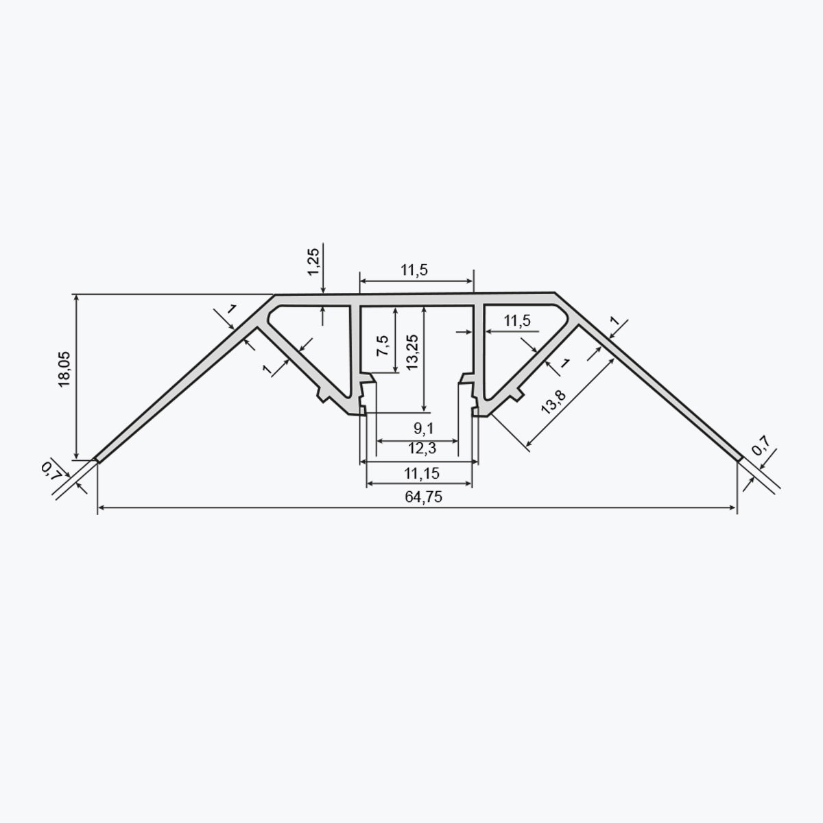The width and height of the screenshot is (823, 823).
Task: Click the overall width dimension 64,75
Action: (x=423, y=497)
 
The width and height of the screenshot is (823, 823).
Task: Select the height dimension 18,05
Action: (x=64, y=370)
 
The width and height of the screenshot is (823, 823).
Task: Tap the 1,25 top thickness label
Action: (x=313, y=262)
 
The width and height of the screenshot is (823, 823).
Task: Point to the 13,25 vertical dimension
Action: (x=412, y=353)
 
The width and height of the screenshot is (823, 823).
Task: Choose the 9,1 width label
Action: (x=423, y=429)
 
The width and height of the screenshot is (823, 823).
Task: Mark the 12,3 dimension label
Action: (x=422, y=449)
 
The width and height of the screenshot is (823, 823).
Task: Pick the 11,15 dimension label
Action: (x=422, y=473)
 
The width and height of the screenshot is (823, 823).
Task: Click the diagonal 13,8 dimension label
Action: (x=553, y=402)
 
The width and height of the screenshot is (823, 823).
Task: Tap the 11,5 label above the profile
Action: (x=414, y=270)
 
